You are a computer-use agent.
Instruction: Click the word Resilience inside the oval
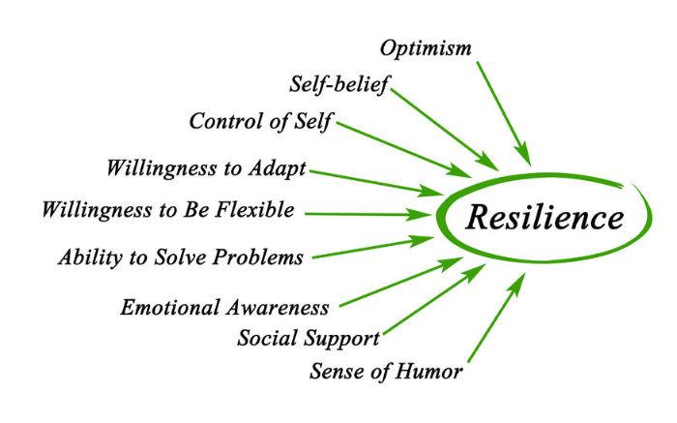tap(545, 217)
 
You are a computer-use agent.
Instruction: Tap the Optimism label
tap(426, 49)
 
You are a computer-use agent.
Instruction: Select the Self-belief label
tap(338, 84)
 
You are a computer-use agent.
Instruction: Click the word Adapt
tap(278, 169)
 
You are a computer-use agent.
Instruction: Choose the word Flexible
tap(254, 210)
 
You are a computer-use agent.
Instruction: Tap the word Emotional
tap(169, 308)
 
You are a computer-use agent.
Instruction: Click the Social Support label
tap(309, 339)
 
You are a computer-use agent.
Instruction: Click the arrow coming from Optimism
tap(504, 113)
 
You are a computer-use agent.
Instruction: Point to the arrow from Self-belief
tap(445, 129)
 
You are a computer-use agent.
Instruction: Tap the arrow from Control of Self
tap(403, 150)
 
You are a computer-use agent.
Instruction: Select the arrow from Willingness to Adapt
tap(376, 184)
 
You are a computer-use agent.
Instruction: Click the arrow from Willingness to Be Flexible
tap(368, 214)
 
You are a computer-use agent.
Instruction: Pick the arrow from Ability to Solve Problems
tap(373, 248)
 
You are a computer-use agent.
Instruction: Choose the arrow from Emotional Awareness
tap(401, 282)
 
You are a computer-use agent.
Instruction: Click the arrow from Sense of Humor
tap(497, 317)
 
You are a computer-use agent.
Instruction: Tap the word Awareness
tap(277, 308)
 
